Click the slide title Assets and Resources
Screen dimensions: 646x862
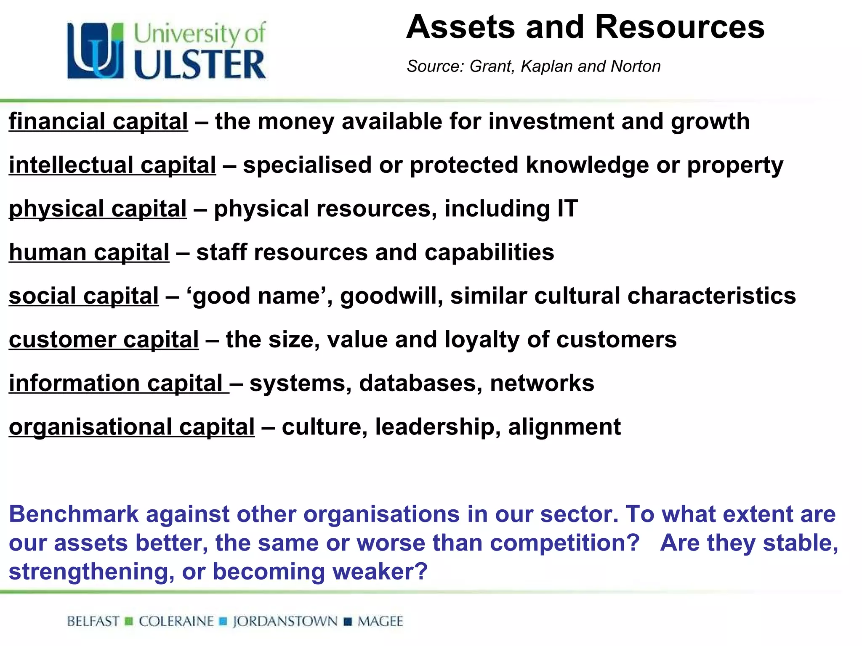tap(585, 27)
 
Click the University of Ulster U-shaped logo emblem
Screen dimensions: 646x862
tap(96, 51)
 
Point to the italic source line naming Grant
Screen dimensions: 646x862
tap(533, 66)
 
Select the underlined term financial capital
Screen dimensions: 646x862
tap(98, 122)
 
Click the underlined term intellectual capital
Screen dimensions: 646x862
tap(112, 165)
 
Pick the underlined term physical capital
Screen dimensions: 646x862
tap(98, 209)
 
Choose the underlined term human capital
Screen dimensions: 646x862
tap(89, 252)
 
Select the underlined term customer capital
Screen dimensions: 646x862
tap(104, 339)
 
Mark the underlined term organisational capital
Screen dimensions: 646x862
tap(132, 427)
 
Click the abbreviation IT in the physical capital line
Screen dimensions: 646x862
tap(567, 209)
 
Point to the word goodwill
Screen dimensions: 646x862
tap(391, 296)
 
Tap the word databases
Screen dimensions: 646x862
tap(420, 383)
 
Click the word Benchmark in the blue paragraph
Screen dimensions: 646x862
tap(74, 514)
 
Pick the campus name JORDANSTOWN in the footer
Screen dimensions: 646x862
tap(285, 621)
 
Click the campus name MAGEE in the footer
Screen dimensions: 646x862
tap(380, 621)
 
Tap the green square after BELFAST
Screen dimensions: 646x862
tap(129, 621)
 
